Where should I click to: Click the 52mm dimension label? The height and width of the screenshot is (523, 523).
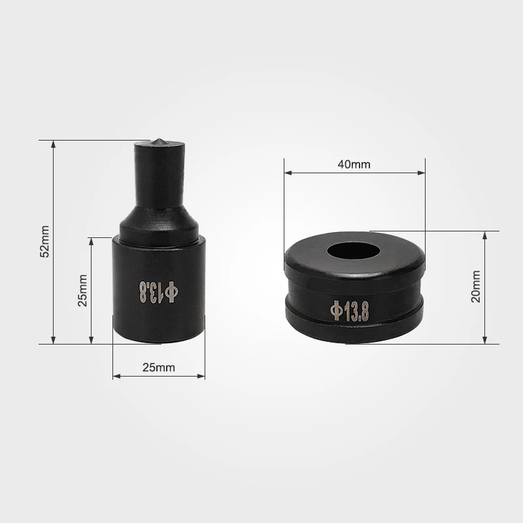tap(44, 241)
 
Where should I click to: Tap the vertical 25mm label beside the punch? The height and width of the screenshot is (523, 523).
tap(82, 290)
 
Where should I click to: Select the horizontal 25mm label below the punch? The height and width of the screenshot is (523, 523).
tap(159, 367)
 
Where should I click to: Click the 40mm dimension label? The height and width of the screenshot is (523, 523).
tap(354, 165)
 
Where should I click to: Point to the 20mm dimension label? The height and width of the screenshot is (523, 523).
tap(476, 286)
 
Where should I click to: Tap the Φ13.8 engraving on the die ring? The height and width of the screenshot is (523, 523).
tap(350, 311)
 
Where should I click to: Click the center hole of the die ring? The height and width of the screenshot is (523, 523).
tap(353, 251)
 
